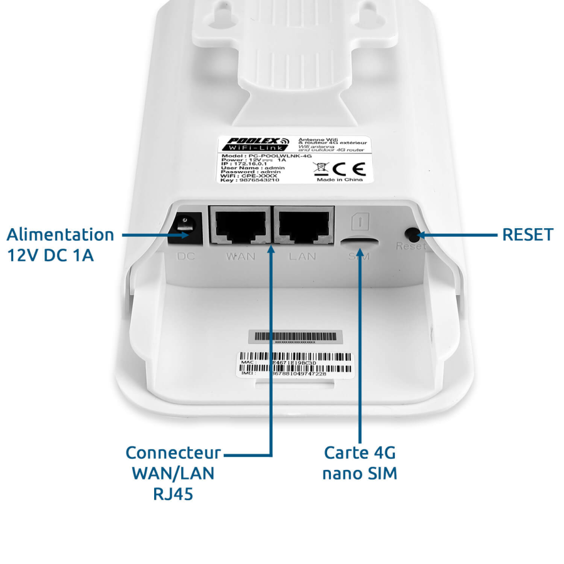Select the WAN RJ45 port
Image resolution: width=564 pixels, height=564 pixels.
tap(240, 226)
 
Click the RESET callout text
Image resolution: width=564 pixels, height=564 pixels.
tap(528, 235)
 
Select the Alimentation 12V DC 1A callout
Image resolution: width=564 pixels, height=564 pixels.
tap(60, 244)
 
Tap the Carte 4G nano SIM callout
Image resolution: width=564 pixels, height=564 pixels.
tap(360, 462)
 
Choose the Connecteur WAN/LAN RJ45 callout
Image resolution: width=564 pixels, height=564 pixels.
tap(173, 473)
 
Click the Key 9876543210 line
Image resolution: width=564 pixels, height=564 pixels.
tap(251, 180)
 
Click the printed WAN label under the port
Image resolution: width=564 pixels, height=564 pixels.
tap(240, 256)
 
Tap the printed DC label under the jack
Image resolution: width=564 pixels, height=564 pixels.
tap(187, 256)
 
